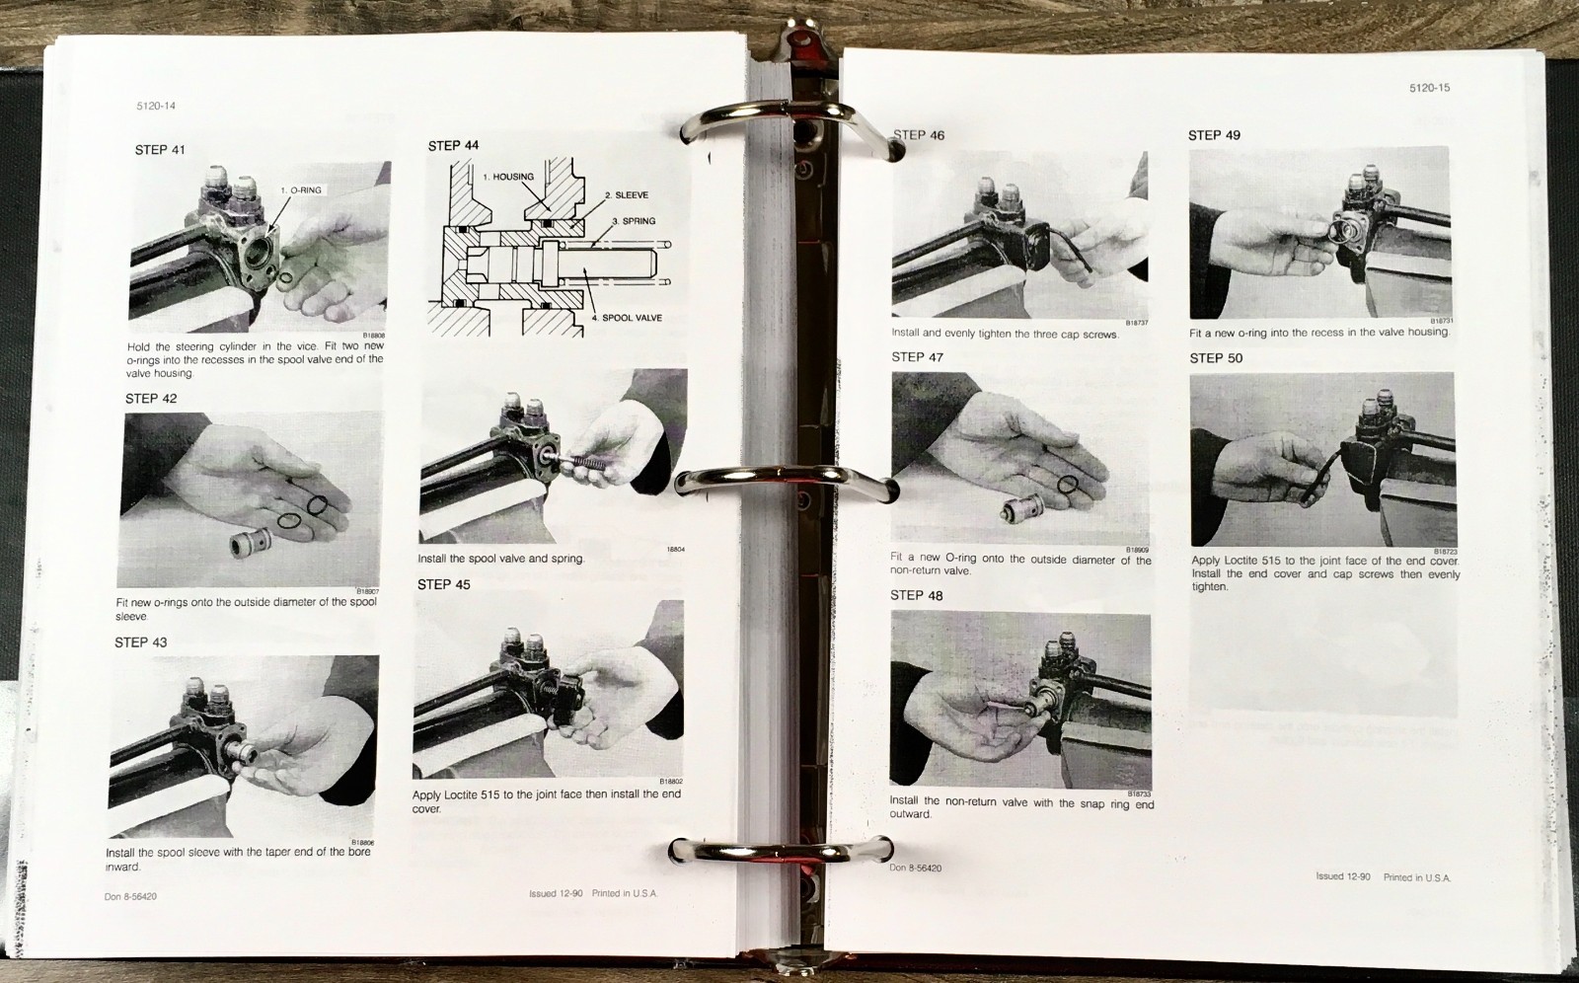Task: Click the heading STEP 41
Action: (x=160, y=150)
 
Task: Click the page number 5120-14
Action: (x=156, y=106)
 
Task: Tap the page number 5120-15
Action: (x=1429, y=88)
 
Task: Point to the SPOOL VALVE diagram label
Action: (x=632, y=318)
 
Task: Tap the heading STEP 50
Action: (x=1216, y=358)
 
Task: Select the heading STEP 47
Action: (x=917, y=357)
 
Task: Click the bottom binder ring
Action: (x=780, y=850)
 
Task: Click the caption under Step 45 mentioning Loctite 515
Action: (x=546, y=800)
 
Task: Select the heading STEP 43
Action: (x=140, y=643)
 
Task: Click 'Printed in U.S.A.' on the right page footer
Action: (x=1416, y=877)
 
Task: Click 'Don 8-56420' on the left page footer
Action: (x=130, y=896)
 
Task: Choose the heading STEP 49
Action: (x=1214, y=135)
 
